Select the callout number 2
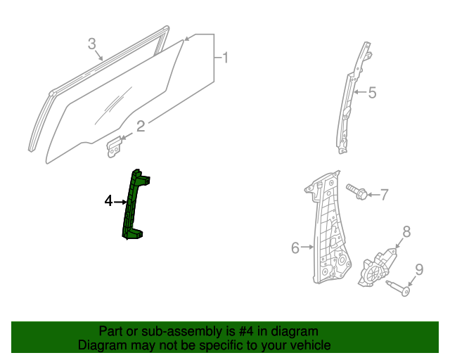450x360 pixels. tap(141, 127)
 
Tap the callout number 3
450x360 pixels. tap(92, 44)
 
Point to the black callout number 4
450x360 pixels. tap(108, 202)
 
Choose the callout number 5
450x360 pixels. tap(372, 92)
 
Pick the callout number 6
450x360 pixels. tap(295, 247)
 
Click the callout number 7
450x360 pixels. tap(384, 195)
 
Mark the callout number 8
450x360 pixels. tap(406, 232)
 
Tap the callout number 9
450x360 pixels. tap(418, 269)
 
